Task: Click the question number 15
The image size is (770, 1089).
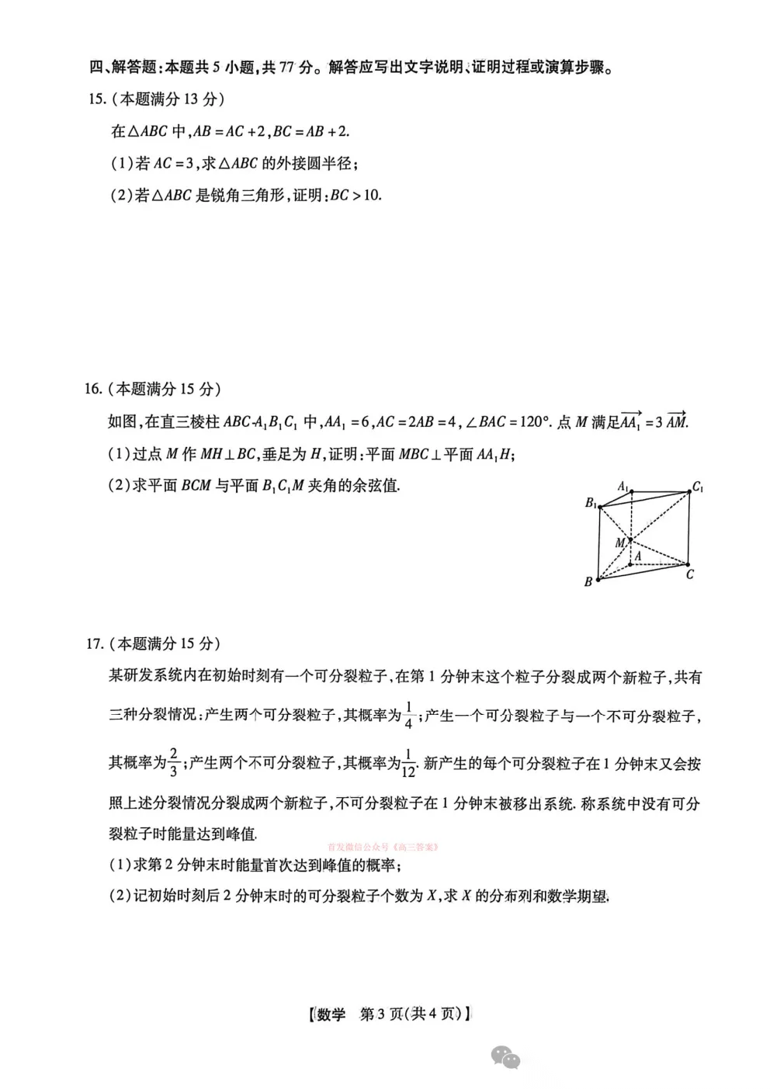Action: coord(96,99)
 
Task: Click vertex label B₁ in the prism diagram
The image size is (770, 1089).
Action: coord(591,503)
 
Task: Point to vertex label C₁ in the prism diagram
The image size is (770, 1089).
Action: coord(698,487)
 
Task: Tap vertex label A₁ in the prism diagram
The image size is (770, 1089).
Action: coord(623,486)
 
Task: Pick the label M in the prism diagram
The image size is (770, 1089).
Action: coord(620,543)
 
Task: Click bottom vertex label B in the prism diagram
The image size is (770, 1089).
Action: coord(588,581)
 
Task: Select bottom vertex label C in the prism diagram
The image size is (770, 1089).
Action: coord(689,574)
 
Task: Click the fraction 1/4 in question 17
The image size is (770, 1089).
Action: coord(409,716)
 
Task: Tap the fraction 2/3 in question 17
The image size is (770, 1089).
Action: coord(173,763)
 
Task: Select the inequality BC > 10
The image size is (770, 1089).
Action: coord(356,195)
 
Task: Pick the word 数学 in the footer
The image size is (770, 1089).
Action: coord(331,1014)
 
